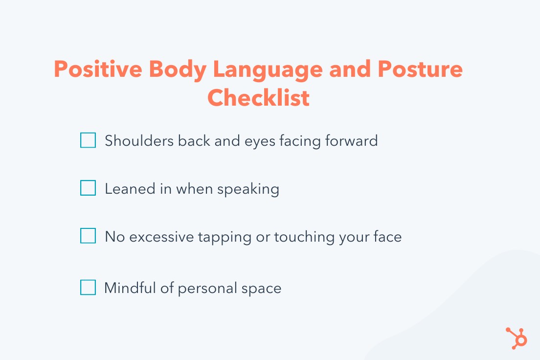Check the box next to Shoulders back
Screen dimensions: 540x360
coord(88,140)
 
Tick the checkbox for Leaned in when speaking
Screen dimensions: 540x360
coord(88,188)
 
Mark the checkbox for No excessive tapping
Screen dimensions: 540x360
coord(88,236)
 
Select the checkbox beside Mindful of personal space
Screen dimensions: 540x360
coord(88,287)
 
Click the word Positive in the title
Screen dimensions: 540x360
coord(98,69)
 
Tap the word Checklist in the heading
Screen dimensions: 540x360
coord(258,97)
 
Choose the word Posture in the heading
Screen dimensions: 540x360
coord(420,69)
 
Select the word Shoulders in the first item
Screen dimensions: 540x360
coord(139,140)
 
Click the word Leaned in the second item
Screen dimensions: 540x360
coord(130,189)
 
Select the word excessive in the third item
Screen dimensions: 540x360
coord(161,237)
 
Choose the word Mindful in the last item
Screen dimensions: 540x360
coord(130,288)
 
